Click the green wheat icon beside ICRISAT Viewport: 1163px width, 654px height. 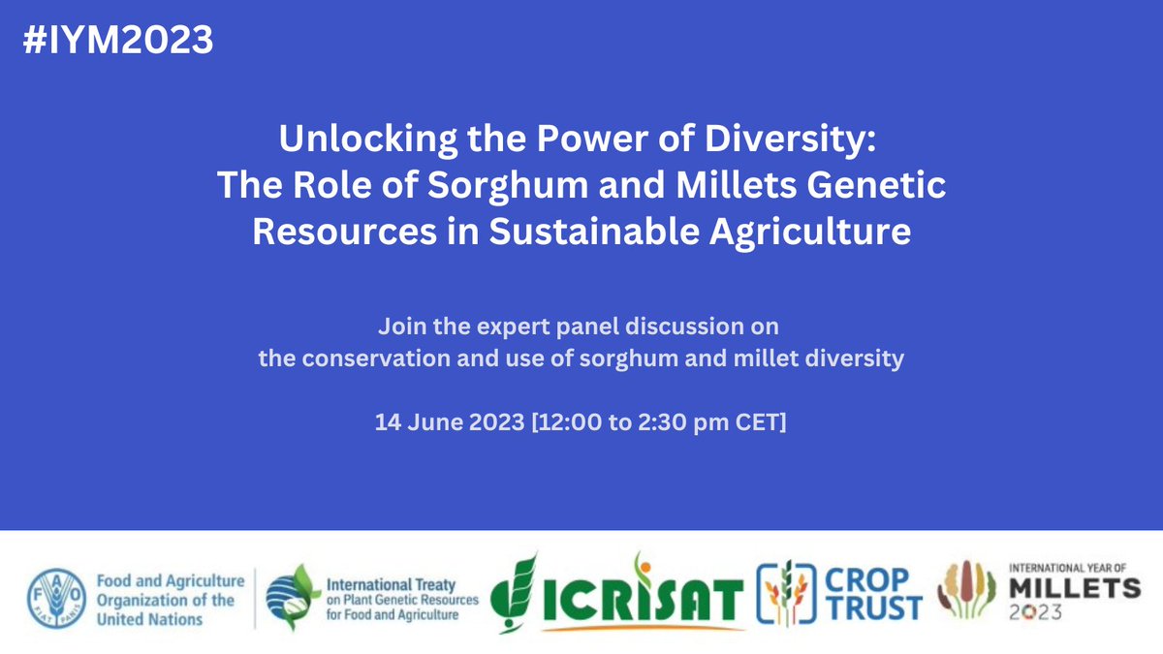[519, 593]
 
